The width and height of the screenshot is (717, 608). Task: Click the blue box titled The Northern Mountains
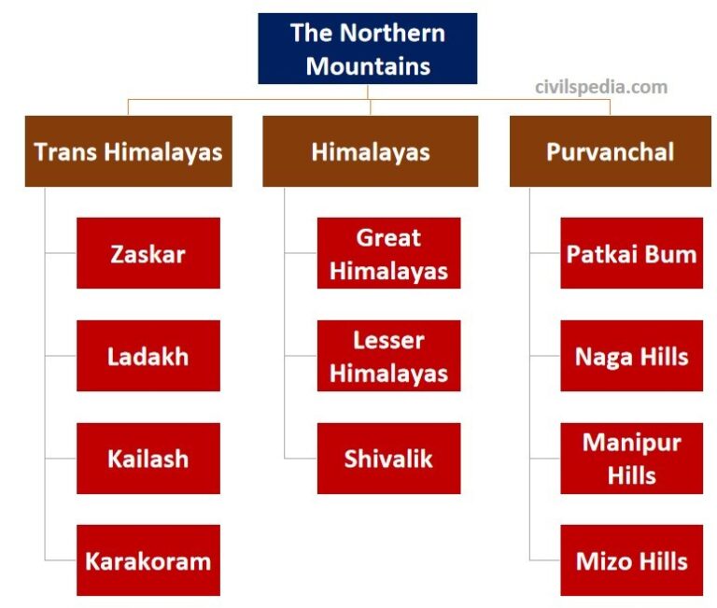tap(367, 49)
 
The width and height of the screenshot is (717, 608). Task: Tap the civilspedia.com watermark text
tap(601, 88)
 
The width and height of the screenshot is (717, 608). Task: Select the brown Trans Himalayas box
tap(128, 151)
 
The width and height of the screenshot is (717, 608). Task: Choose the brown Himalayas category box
tap(370, 151)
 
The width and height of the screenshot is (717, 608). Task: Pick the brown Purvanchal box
tap(610, 151)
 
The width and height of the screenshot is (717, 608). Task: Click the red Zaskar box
tap(148, 253)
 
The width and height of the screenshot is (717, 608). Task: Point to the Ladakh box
tap(148, 356)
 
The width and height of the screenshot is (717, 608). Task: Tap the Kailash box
tap(148, 459)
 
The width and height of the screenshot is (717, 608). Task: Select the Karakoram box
tap(148, 560)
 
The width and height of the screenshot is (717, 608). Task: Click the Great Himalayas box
tap(388, 253)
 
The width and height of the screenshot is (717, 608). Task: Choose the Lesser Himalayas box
tap(388, 356)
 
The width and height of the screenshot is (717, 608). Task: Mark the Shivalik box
tap(388, 459)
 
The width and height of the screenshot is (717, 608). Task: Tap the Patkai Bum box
tap(631, 253)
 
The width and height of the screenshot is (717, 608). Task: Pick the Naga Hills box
tap(631, 356)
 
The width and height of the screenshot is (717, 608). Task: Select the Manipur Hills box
tap(631, 459)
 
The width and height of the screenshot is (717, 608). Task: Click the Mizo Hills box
tap(631, 560)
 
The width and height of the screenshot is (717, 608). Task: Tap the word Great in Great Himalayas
tap(388, 237)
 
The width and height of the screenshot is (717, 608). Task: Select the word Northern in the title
tap(392, 33)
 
